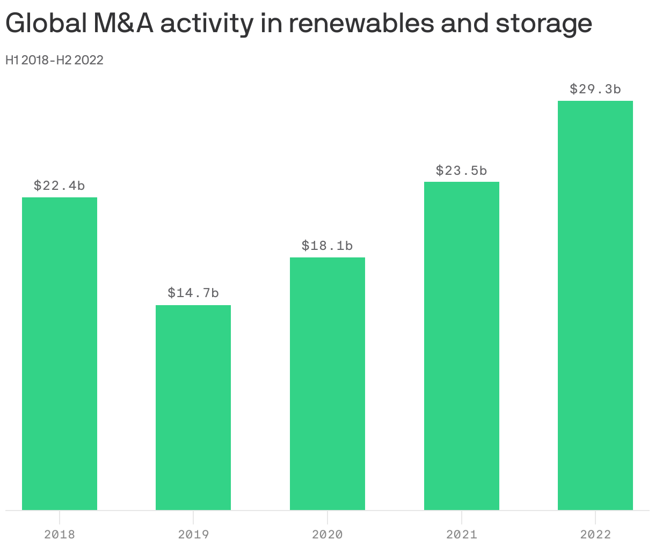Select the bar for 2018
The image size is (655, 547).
(x=60, y=353)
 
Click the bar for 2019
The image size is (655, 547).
(x=193, y=408)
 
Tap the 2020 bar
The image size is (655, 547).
(x=327, y=383)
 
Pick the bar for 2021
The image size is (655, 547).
(x=462, y=346)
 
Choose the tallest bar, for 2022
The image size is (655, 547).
(x=595, y=305)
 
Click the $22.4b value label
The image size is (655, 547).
(x=60, y=186)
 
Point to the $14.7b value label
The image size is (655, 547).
(x=193, y=293)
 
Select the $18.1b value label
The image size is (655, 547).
(x=327, y=246)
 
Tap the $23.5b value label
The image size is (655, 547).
(x=462, y=171)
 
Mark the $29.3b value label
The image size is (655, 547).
(x=595, y=89)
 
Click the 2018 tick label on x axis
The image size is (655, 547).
(x=60, y=535)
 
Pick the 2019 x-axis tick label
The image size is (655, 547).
(x=193, y=535)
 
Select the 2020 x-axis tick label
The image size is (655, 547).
(x=327, y=535)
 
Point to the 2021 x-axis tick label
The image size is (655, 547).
(x=462, y=535)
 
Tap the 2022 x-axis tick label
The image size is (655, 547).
(x=595, y=535)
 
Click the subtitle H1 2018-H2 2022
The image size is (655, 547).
(x=54, y=60)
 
